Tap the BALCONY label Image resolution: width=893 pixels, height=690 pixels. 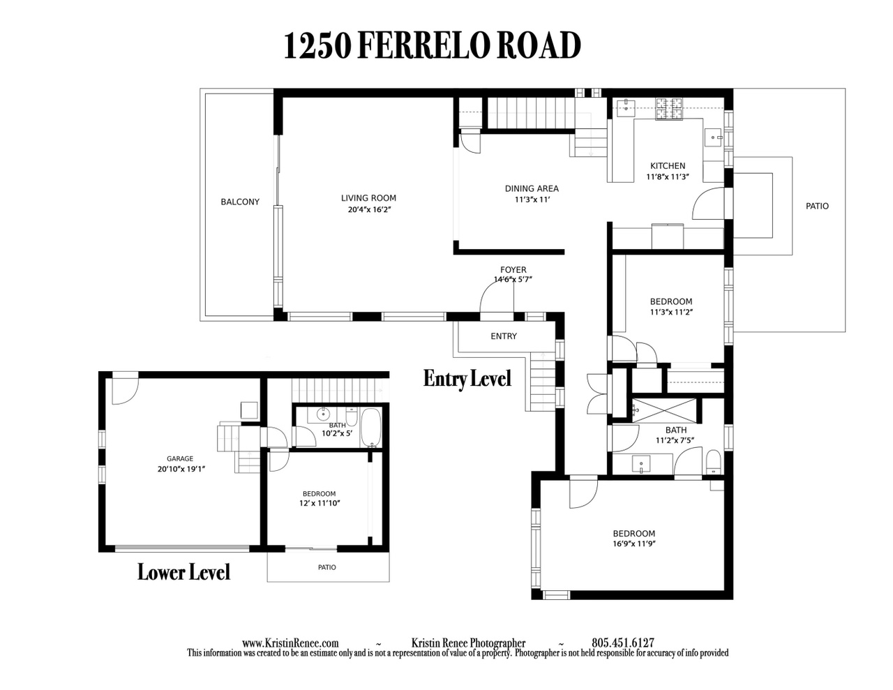[240, 202]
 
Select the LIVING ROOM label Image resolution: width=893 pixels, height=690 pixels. [368, 197]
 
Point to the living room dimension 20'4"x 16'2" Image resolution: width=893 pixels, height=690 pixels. [369, 209]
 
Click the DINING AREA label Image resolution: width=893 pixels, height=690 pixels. [532, 188]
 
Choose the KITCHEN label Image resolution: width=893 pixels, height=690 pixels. [668, 165]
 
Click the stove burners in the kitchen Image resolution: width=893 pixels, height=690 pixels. [668, 109]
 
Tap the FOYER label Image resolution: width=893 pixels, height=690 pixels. [513, 269]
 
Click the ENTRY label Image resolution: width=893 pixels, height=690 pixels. [504, 336]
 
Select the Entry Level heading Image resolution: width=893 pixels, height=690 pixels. [467, 379]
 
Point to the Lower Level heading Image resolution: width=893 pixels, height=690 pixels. [183, 572]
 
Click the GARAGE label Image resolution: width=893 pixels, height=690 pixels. [180, 458]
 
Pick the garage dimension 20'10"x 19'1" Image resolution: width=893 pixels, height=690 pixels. [181, 469]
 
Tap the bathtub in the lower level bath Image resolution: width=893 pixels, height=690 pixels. [370, 428]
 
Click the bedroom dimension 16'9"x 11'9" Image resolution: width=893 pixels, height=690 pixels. [634, 543]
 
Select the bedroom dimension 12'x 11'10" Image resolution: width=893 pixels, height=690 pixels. [320, 503]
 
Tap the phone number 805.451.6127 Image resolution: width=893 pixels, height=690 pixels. [623, 643]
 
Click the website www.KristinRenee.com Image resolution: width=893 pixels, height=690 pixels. [290, 643]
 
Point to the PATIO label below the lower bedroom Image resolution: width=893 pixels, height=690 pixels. [327, 567]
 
